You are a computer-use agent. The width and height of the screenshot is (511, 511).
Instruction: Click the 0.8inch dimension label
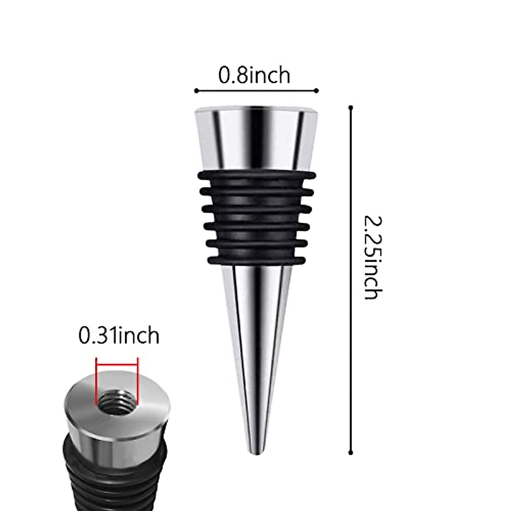point(255,75)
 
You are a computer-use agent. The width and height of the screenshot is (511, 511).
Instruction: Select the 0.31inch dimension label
point(119,336)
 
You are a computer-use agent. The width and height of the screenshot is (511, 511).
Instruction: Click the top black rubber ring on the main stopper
point(256,175)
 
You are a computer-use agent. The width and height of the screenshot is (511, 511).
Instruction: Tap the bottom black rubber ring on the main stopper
point(256,259)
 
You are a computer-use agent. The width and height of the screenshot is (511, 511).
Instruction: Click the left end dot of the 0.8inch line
point(196,90)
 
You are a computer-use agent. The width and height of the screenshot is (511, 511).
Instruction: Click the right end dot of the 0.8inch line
point(316,90)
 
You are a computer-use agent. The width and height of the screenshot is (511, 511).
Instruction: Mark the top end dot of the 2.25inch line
point(351,107)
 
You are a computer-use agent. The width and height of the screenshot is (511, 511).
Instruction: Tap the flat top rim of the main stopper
point(256,109)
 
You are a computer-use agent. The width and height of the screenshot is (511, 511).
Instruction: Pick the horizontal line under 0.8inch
point(256,90)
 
